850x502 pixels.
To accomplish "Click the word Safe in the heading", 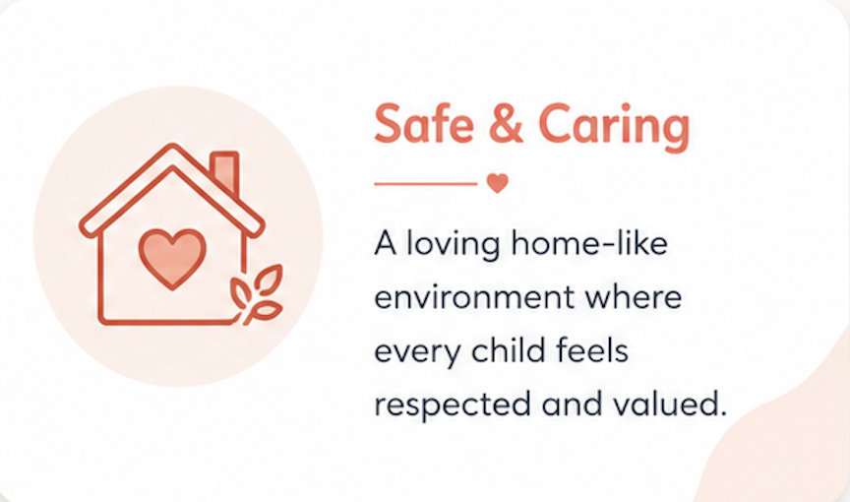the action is [x=423, y=124].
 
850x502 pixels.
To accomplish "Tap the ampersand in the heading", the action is [x=506, y=124].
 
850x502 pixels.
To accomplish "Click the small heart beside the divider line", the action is [x=498, y=183].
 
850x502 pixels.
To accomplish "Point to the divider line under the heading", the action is [x=426, y=184].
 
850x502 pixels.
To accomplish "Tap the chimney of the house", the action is [x=225, y=172].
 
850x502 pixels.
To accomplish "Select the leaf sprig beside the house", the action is [x=257, y=294].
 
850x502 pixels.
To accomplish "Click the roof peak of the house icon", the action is [x=173, y=147].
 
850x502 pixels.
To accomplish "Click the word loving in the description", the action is [x=454, y=245].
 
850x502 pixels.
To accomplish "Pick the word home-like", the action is [x=590, y=243].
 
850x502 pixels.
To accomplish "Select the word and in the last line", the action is [x=572, y=404].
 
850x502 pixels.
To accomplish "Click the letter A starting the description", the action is [x=386, y=243].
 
